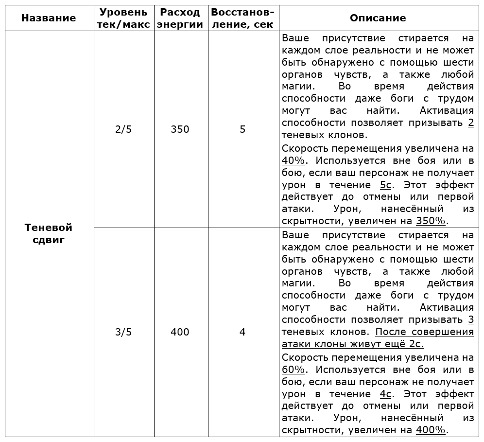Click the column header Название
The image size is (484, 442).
pos(49,18)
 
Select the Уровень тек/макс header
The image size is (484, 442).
pos(123,18)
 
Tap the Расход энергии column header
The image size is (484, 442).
pos(180,18)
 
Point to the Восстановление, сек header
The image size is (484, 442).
pos(242,18)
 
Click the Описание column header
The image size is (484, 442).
pos(378,18)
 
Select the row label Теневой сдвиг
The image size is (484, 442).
pos(49,233)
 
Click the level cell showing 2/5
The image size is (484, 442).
pos(123,129)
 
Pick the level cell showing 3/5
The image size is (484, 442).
pos(123,332)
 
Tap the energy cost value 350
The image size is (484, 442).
pos(180,129)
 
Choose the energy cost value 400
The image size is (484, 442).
pos(180,332)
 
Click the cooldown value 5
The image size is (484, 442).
pos(242,129)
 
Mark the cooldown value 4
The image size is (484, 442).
pos(242,332)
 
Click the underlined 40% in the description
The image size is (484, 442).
pos(291,160)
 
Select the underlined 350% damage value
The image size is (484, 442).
pos(431,221)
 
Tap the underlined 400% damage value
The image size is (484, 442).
pos(431,430)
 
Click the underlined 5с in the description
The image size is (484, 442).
pos(386,185)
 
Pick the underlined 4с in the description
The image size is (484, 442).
pos(386,394)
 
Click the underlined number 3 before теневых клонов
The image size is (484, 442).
pos(470,320)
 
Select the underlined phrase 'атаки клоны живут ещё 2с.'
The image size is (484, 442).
pos(353,344)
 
